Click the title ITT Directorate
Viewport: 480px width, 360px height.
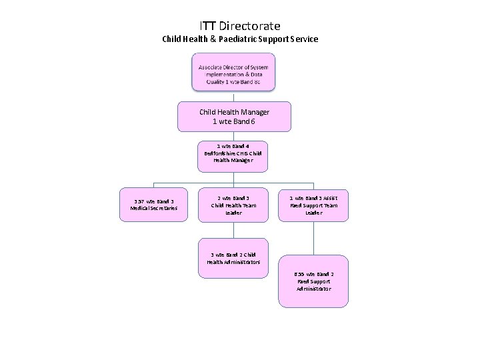pos(240,26)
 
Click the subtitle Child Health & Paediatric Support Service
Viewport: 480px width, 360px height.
pos(240,39)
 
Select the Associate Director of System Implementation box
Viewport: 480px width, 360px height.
pos(234,72)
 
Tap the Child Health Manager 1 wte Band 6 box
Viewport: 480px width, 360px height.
pos(234,117)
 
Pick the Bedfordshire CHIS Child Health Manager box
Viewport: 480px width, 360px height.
pos(233,153)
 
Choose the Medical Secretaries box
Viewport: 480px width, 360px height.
pos(154,205)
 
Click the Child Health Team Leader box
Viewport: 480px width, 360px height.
pos(234,205)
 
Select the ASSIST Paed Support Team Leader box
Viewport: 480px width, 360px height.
pos(313,205)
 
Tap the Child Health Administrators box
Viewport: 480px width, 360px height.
pos(233,258)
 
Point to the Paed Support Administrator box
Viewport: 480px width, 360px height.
pos(313,281)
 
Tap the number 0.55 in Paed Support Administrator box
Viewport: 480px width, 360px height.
pos(299,274)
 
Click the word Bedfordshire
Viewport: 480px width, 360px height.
pos(219,153)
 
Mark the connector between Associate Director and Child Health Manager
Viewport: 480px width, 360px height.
pos(234,96)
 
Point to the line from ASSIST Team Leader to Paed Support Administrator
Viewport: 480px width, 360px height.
pos(313,239)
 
